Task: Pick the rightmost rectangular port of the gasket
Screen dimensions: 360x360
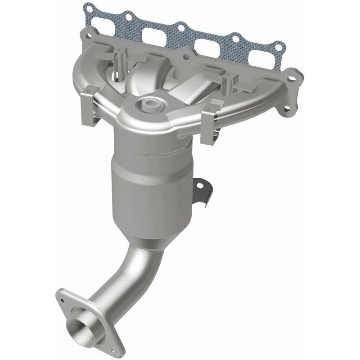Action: (261, 60)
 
